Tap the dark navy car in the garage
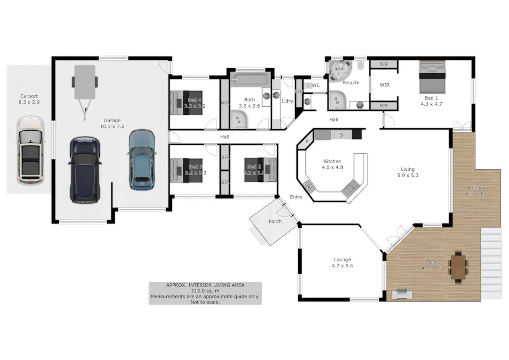(84, 170)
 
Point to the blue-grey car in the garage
(142, 159)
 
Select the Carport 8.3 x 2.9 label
(29, 99)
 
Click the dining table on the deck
(458, 267)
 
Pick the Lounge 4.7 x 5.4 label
(342, 262)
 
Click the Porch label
(275, 221)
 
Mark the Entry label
(296, 197)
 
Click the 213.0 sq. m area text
(205, 291)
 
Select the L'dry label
(287, 101)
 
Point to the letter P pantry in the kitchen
(307, 141)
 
